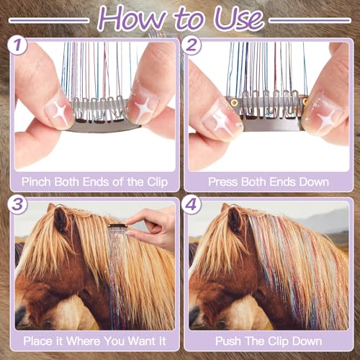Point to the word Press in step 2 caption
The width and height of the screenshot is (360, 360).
(x=223, y=181)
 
